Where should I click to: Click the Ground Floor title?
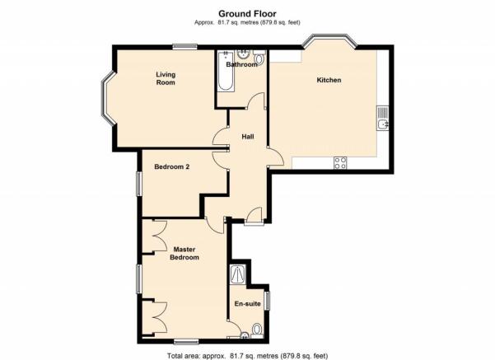(247, 14)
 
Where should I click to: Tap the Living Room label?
(166, 78)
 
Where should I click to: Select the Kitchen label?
(329, 80)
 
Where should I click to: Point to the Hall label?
(248, 137)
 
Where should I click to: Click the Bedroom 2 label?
(172, 166)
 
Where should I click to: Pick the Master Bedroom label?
(184, 253)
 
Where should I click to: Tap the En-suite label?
(247, 304)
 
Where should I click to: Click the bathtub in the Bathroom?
(226, 71)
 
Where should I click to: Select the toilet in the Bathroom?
(259, 58)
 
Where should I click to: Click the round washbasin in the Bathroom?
(244, 54)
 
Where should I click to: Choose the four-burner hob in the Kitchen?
(340, 163)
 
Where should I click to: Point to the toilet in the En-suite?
(257, 330)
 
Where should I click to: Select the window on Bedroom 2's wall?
(139, 183)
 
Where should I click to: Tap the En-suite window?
(268, 300)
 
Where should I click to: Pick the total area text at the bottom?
(247, 356)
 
